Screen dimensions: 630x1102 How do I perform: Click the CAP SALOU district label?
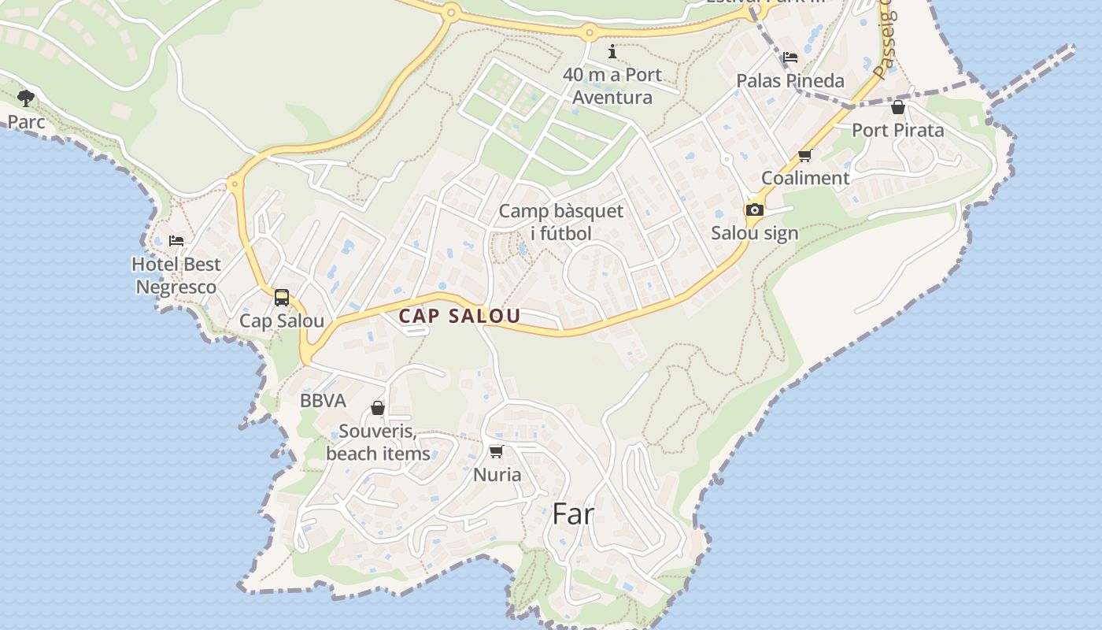click(x=460, y=317)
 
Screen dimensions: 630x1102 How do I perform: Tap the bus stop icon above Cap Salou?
click(x=282, y=298)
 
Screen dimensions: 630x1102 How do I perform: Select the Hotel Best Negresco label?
click(x=176, y=276)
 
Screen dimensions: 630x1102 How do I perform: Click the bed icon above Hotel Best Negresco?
click(x=176, y=240)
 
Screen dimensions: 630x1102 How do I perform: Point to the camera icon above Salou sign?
click(x=754, y=209)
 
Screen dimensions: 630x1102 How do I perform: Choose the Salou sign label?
click(x=754, y=233)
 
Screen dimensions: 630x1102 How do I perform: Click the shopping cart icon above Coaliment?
click(x=804, y=156)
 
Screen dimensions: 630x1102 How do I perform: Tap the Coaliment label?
click(x=804, y=178)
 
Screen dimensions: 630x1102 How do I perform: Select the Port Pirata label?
click(x=897, y=130)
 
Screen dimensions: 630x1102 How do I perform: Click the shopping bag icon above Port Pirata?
click(x=897, y=107)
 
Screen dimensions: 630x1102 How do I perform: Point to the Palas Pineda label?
click(x=790, y=80)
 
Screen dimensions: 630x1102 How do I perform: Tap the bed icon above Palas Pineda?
click(x=790, y=57)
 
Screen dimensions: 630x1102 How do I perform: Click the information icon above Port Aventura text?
click(x=612, y=52)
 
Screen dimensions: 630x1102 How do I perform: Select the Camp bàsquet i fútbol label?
click(x=560, y=222)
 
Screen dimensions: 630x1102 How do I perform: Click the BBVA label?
click(x=323, y=401)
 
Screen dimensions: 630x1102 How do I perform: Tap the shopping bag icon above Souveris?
click(x=378, y=408)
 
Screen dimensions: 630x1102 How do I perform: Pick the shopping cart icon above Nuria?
click(x=496, y=451)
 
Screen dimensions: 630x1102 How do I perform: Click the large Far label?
click(x=572, y=514)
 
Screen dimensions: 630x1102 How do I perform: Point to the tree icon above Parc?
click(x=26, y=98)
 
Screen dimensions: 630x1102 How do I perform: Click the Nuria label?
click(x=497, y=475)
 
